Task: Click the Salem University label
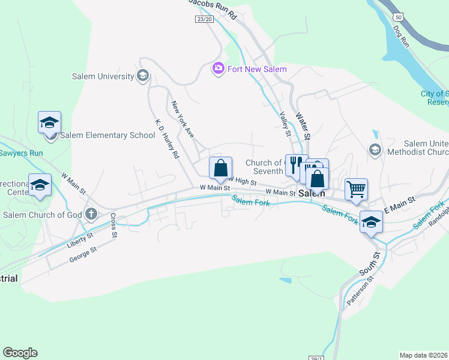[103, 76]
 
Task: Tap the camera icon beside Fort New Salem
[218, 69]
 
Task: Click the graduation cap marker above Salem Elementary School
[49, 123]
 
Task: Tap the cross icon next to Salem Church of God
[91, 214]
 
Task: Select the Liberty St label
[81, 240]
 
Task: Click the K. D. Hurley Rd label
[167, 139]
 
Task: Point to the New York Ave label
[183, 120]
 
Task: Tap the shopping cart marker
[356, 190]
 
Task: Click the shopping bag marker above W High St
[220, 168]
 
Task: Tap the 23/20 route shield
[204, 19]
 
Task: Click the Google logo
[20, 353]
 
